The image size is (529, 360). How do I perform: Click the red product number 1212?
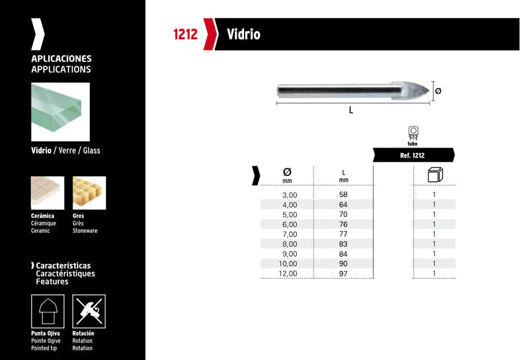tap(185, 34)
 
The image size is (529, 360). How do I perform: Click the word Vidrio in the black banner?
tap(243, 34)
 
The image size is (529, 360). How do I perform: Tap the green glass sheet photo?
tap(60, 112)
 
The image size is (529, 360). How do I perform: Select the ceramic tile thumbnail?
tap(48, 193)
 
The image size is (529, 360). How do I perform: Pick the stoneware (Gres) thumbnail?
tap(89, 193)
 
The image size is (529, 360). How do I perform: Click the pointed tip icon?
tap(48, 311)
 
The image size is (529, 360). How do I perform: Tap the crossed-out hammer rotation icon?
tap(89, 311)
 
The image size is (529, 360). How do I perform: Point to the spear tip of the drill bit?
tap(429, 91)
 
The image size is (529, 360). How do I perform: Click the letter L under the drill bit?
tap(351, 110)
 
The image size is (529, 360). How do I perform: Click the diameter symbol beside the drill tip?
tap(438, 91)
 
